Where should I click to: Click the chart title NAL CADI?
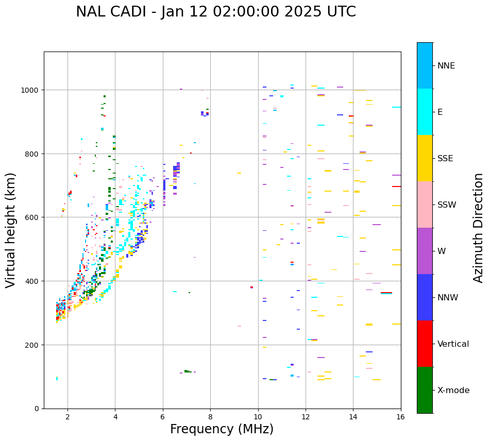[215, 12]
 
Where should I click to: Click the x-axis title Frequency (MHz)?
[222, 429]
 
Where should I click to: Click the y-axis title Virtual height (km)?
[11, 230]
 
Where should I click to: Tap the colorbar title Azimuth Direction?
[479, 228]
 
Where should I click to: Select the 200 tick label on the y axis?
[33, 345]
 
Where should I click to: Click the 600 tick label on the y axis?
[33, 217]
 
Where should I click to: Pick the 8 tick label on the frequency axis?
[210, 417]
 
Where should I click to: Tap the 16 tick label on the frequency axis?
[400, 417]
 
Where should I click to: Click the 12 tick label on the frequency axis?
[306, 417]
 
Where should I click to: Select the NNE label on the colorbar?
[446, 66]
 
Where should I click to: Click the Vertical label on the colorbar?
[453, 344]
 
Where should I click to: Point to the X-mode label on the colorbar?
[453, 391]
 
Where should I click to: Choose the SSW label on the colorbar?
[447, 205]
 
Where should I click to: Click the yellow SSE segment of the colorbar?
[425, 158]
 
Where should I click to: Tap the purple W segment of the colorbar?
[425, 251]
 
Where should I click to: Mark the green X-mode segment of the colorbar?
[425, 390]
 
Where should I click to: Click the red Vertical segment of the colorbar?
[425, 344]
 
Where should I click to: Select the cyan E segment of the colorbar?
[425, 112]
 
